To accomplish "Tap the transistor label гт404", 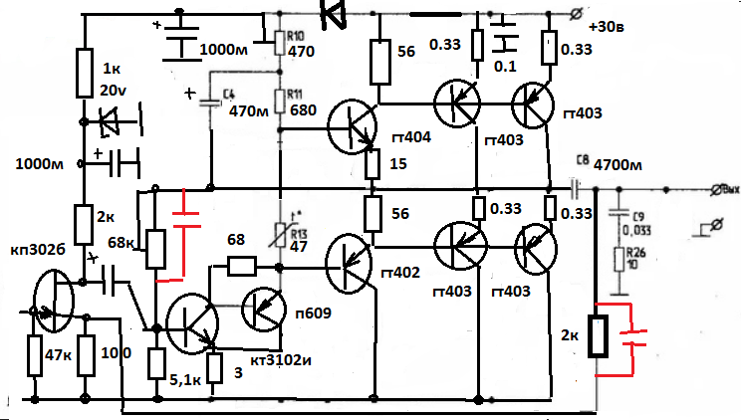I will [412, 137].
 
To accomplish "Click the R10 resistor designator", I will [295, 35].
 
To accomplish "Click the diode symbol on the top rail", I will [332, 12].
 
